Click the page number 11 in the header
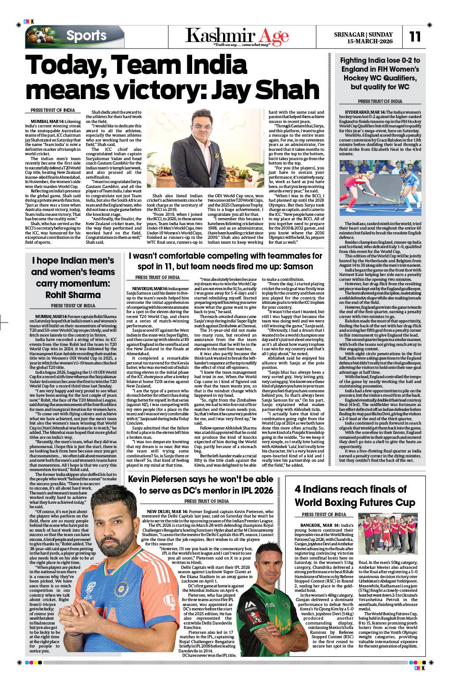pyautogui.click(x=415, y=36)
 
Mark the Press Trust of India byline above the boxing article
pyautogui.click(x=324, y=514)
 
